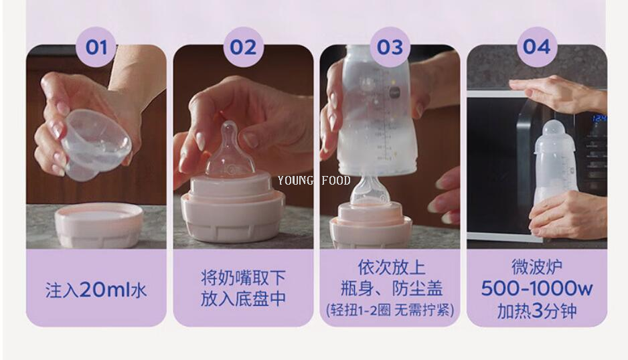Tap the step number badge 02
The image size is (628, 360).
[243, 47]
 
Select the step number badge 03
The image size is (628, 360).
[390, 47]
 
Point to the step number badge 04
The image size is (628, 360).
[537, 47]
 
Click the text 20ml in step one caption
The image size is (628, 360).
[105, 290]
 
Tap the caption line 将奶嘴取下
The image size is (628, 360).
[243, 277]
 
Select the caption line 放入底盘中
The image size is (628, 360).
[243, 299]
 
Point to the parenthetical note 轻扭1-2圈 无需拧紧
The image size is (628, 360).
[390, 310]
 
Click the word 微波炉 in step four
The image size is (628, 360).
[537, 268]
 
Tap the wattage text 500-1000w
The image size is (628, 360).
[537, 289]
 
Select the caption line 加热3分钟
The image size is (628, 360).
[537, 311]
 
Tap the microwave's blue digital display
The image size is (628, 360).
[599, 119]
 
